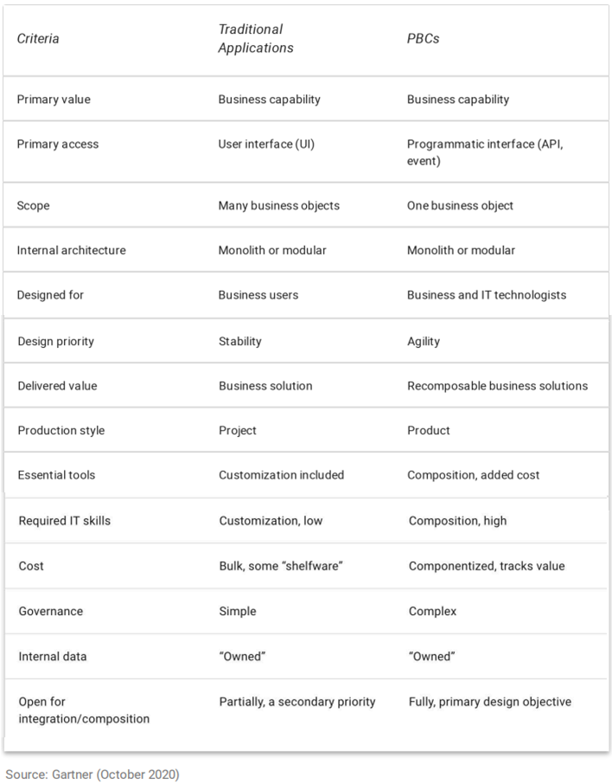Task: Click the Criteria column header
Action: [x=38, y=39]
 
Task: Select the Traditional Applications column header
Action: [x=255, y=39]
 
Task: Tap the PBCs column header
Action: [x=423, y=39]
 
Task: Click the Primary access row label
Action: [x=58, y=144]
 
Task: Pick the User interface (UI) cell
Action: [x=266, y=144]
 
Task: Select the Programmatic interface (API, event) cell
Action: [x=485, y=152]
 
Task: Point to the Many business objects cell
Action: [x=278, y=205]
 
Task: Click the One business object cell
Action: [x=460, y=205]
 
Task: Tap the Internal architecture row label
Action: [x=71, y=250]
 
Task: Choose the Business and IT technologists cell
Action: [x=487, y=294]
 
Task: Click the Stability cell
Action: [x=240, y=341]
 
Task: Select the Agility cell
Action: [x=424, y=341]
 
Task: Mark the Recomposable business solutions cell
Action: [x=497, y=385]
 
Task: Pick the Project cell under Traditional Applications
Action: [x=238, y=430]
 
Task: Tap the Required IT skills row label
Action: [x=65, y=520]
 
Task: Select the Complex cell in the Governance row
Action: [x=432, y=611]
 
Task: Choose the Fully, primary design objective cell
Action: [x=489, y=701]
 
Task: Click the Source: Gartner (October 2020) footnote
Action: [x=92, y=774]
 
